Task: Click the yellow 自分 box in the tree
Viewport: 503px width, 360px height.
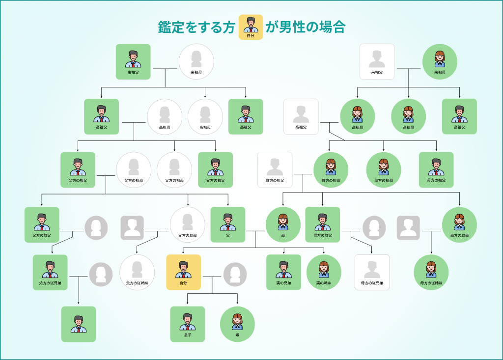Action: (x=184, y=272)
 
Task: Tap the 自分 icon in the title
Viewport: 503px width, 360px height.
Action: (x=251, y=27)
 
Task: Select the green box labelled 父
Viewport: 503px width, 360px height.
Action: (x=228, y=224)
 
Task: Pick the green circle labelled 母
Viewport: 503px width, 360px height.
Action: (x=283, y=224)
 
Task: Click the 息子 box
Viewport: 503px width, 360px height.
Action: (x=188, y=324)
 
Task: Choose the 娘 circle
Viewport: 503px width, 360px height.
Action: (x=237, y=324)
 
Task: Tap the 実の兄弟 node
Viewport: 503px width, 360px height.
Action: (x=284, y=272)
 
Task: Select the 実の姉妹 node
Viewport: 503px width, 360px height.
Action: (x=324, y=272)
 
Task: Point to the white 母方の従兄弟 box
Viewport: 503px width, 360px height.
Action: (x=372, y=272)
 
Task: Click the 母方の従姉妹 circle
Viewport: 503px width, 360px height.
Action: (x=431, y=272)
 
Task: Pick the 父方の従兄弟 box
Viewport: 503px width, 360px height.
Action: (x=51, y=272)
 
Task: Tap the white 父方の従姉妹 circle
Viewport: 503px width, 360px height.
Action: (x=137, y=272)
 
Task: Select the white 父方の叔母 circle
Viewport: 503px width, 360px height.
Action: (x=188, y=224)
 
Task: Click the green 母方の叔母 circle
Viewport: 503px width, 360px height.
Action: (x=459, y=224)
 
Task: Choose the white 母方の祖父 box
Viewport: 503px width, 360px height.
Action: (x=275, y=169)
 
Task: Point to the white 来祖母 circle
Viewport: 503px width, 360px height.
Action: (x=196, y=61)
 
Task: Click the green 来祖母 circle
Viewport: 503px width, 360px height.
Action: (x=440, y=61)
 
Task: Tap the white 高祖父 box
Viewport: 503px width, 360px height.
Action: (x=301, y=116)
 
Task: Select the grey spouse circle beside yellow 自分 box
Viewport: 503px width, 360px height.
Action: (x=235, y=274)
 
